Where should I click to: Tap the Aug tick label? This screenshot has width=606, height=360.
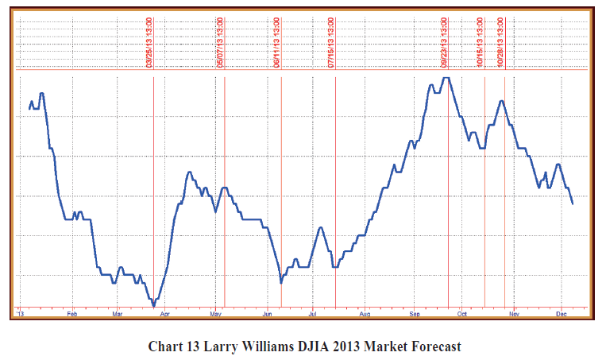point(364,314)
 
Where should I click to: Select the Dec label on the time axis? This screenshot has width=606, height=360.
point(560,314)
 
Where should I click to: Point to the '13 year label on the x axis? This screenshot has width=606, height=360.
point(21,314)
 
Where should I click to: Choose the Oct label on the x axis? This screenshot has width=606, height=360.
point(461,314)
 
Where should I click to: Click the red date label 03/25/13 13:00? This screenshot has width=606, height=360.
point(149,44)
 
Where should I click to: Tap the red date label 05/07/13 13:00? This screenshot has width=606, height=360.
point(220,44)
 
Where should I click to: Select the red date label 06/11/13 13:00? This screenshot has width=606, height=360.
point(276,44)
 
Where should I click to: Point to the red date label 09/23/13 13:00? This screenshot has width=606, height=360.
point(444,44)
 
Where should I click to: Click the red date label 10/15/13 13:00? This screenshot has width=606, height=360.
point(480,44)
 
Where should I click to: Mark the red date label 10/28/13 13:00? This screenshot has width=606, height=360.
point(500,44)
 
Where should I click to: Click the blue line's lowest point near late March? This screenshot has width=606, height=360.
point(153,305)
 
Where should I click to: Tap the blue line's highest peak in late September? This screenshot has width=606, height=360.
point(446,78)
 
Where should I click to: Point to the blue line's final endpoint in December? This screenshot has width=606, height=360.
point(573,204)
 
